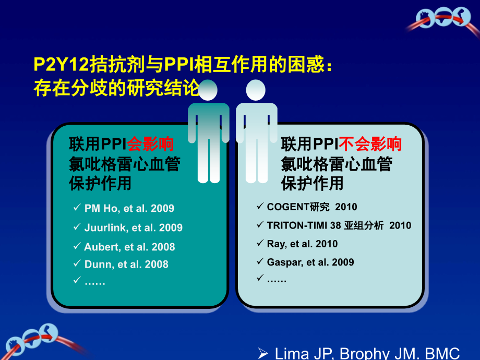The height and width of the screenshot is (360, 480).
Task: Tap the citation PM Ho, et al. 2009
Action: click(129, 209)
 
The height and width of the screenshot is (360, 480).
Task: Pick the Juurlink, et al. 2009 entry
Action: click(133, 228)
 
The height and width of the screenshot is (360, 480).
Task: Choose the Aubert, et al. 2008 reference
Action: click(129, 247)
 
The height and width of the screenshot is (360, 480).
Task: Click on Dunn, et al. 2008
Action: click(126, 265)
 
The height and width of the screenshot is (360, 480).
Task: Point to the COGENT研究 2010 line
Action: click(312, 207)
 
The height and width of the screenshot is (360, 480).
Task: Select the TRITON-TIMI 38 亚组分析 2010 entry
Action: click(339, 225)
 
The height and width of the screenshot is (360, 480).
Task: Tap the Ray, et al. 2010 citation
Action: click(302, 244)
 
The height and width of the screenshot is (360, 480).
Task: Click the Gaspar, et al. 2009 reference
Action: click(310, 262)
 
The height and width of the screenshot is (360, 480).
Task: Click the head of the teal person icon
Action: click(208, 90)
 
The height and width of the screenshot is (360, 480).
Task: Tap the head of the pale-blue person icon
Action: click(256, 90)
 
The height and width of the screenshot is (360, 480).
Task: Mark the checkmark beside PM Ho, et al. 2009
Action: click(76, 208)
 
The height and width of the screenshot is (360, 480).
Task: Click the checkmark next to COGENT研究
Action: click(260, 207)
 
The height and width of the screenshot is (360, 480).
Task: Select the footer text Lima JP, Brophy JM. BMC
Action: click(367, 354)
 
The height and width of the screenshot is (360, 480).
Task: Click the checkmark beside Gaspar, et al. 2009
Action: click(260, 261)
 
